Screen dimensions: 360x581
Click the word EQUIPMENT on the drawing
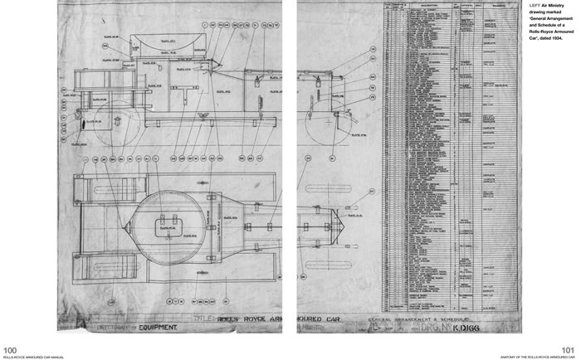point(154,328)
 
